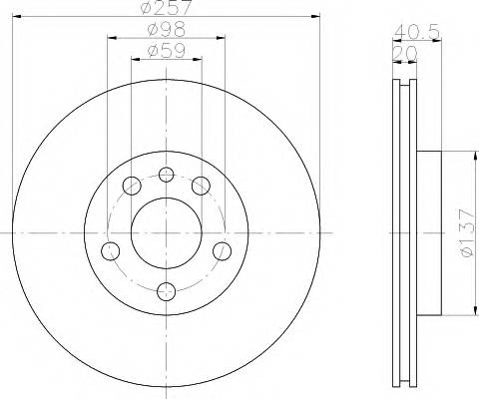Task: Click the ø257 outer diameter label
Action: [x=167, y=8]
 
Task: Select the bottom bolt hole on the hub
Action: [x=167, y=290]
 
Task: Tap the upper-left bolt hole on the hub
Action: [x=131, y=185]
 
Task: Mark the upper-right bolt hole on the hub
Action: [x=201, y=185]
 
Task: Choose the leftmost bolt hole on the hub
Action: [x=112, y=248]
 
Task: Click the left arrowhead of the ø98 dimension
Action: [x=110, y=38]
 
